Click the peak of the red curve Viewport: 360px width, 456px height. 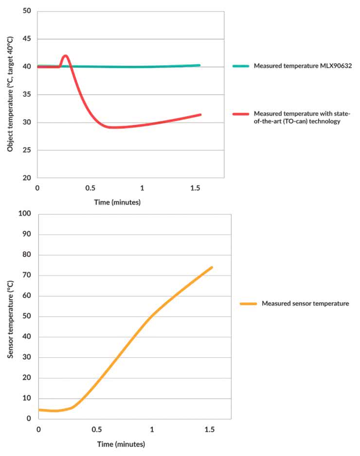pos(65,55)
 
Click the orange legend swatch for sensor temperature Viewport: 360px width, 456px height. pos(248,304)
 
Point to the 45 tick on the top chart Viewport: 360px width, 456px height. pos(27,39)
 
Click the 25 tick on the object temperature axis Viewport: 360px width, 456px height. pos(27,150)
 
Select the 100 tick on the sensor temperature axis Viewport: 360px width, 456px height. pos(24,214)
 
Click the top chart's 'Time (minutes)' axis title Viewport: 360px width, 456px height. pos(117,202)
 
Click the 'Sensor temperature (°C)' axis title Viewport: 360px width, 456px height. pos(11,316)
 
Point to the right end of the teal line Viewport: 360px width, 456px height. pos(199,65)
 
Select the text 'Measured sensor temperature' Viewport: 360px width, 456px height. pos(305,304)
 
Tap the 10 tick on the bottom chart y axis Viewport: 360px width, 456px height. pos(27,398)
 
